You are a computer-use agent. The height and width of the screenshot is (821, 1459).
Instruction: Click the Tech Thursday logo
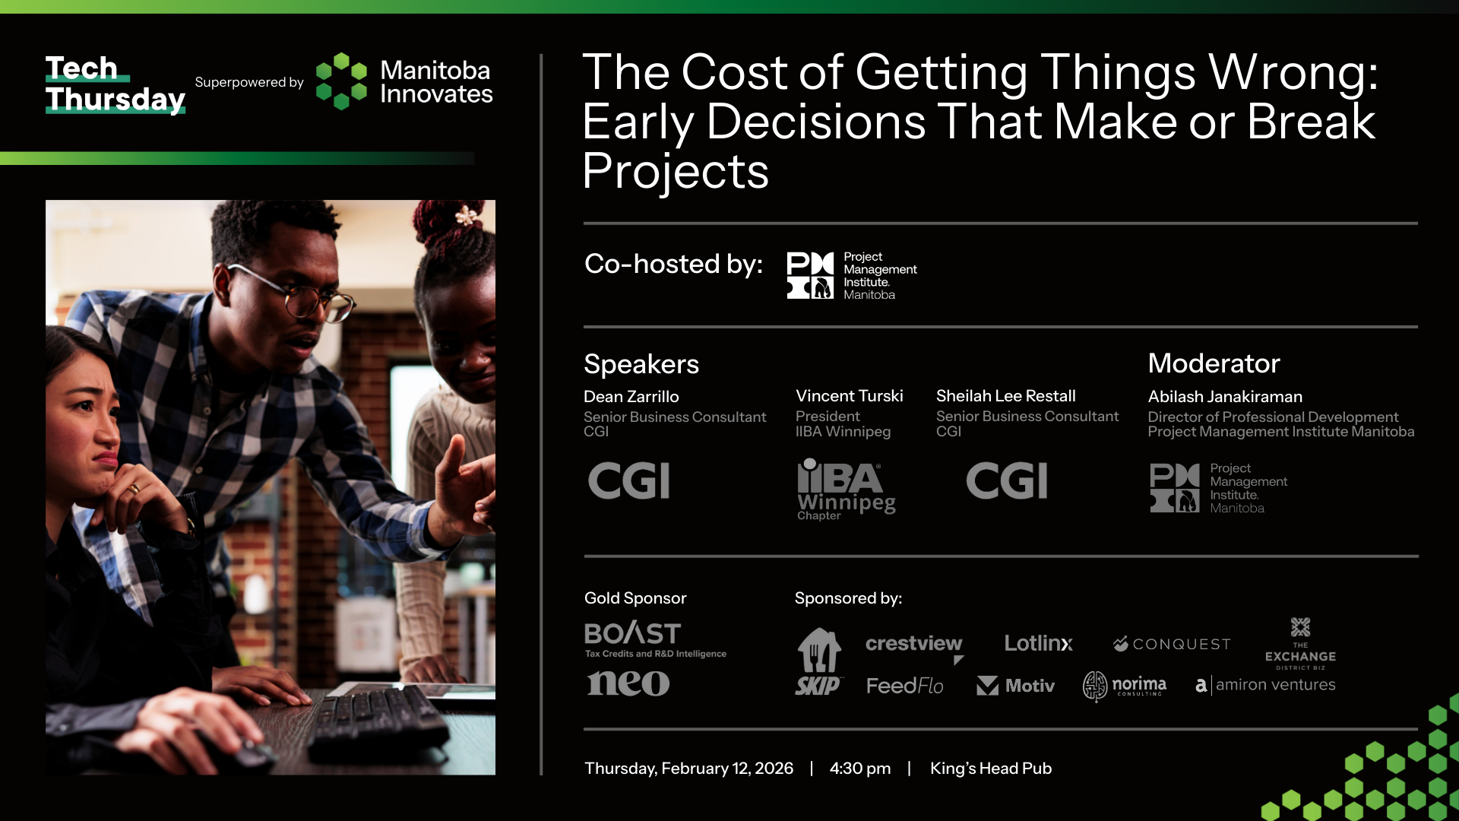pos(116,84)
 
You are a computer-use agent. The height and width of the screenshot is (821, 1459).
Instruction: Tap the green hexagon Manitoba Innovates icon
pos(341,81)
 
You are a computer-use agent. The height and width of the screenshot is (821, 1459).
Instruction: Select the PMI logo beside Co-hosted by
pos(852,276)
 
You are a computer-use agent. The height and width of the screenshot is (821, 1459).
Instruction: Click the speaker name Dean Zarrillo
pos(631,397)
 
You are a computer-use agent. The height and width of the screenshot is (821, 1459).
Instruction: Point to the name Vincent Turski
pos(850,396)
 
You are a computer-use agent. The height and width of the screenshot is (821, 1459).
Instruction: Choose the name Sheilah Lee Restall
pos(1006,396)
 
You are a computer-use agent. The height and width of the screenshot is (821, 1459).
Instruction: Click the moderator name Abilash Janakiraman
pos(1225,397)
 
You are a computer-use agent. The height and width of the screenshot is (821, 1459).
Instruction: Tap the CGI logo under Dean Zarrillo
pos(629,480)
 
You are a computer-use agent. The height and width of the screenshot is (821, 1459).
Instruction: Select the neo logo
pos(628,683)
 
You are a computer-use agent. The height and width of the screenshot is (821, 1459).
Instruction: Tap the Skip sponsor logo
pos(819,661)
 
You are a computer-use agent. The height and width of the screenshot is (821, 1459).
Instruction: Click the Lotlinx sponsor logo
pos(1039,644)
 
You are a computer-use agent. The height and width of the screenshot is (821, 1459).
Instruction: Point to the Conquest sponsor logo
pos(1172,645)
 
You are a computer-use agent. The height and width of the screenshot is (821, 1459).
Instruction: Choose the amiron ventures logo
pos(1265,685)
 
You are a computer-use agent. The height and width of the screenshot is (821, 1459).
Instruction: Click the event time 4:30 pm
pos(860,769)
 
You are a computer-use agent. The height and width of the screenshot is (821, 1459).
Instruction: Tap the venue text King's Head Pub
pos(991,769)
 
